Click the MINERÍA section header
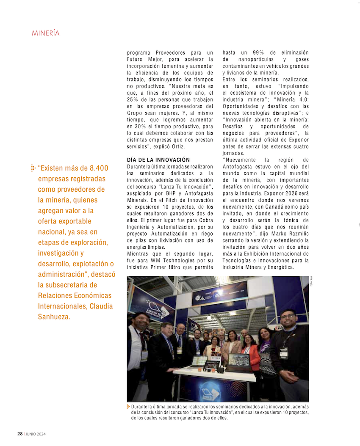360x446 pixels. pos(45,33)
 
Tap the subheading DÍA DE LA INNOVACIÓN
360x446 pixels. pos(158,160)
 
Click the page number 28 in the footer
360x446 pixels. pos(19,434)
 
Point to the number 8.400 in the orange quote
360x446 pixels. pos(96,168)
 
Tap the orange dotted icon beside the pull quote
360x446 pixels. pos(33,168)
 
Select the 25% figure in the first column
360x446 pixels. pos(133,99)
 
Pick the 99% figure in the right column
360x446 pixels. pos(259,52)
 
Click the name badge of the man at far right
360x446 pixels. pos(283,352)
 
